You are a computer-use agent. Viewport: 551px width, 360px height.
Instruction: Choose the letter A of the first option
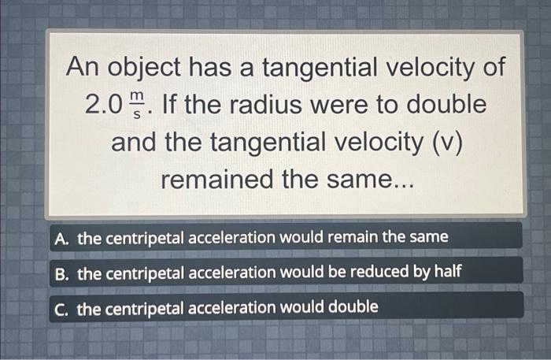(62, 237)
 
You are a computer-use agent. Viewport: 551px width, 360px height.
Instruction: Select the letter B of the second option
(62, 273)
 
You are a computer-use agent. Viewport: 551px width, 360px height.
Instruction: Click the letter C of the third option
(62, 307)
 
